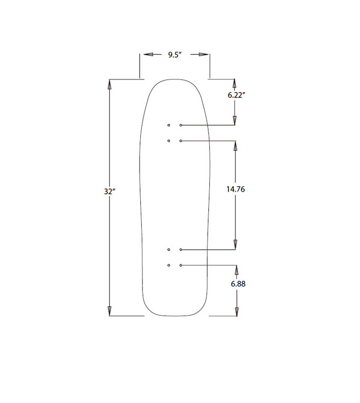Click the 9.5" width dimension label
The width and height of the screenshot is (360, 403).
click(x=174, y=54)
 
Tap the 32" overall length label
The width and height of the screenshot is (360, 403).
click(x=109, y=192)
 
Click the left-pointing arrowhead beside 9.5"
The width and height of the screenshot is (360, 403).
click(x=149, y=54)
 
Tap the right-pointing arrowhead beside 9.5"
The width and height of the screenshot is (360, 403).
click(x=199, y=54)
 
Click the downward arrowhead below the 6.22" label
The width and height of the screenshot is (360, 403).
click(x=235, y=120)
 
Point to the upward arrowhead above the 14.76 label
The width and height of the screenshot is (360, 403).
click(x=235, y=147)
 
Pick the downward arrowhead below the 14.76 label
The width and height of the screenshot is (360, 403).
click(x=235, y=244)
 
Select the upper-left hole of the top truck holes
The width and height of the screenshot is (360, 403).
click(x=168, y=126)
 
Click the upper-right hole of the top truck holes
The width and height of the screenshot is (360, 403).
click(x=181, y=126)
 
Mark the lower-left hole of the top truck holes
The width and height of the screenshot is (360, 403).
click(x=168, y=141)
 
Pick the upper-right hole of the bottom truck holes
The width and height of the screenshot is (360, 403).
click(x=181, y=250)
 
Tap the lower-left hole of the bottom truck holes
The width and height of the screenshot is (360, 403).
click(x=168, y=265)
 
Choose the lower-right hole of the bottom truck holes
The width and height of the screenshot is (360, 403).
click(x=181, y=265)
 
